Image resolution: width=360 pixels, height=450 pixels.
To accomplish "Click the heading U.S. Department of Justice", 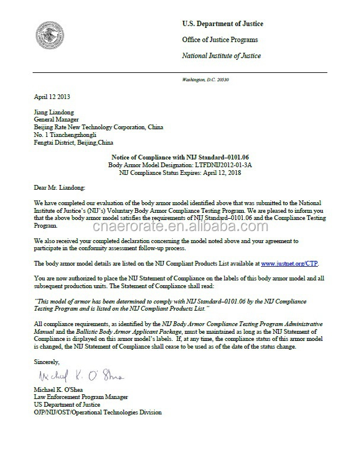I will tap(222, 24).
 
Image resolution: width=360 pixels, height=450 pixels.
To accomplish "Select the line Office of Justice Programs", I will tap(219, 40).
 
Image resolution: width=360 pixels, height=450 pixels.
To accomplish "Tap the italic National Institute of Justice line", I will tap(221, 56).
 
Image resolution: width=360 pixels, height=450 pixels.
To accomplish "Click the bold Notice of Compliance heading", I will tap(178, 155).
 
